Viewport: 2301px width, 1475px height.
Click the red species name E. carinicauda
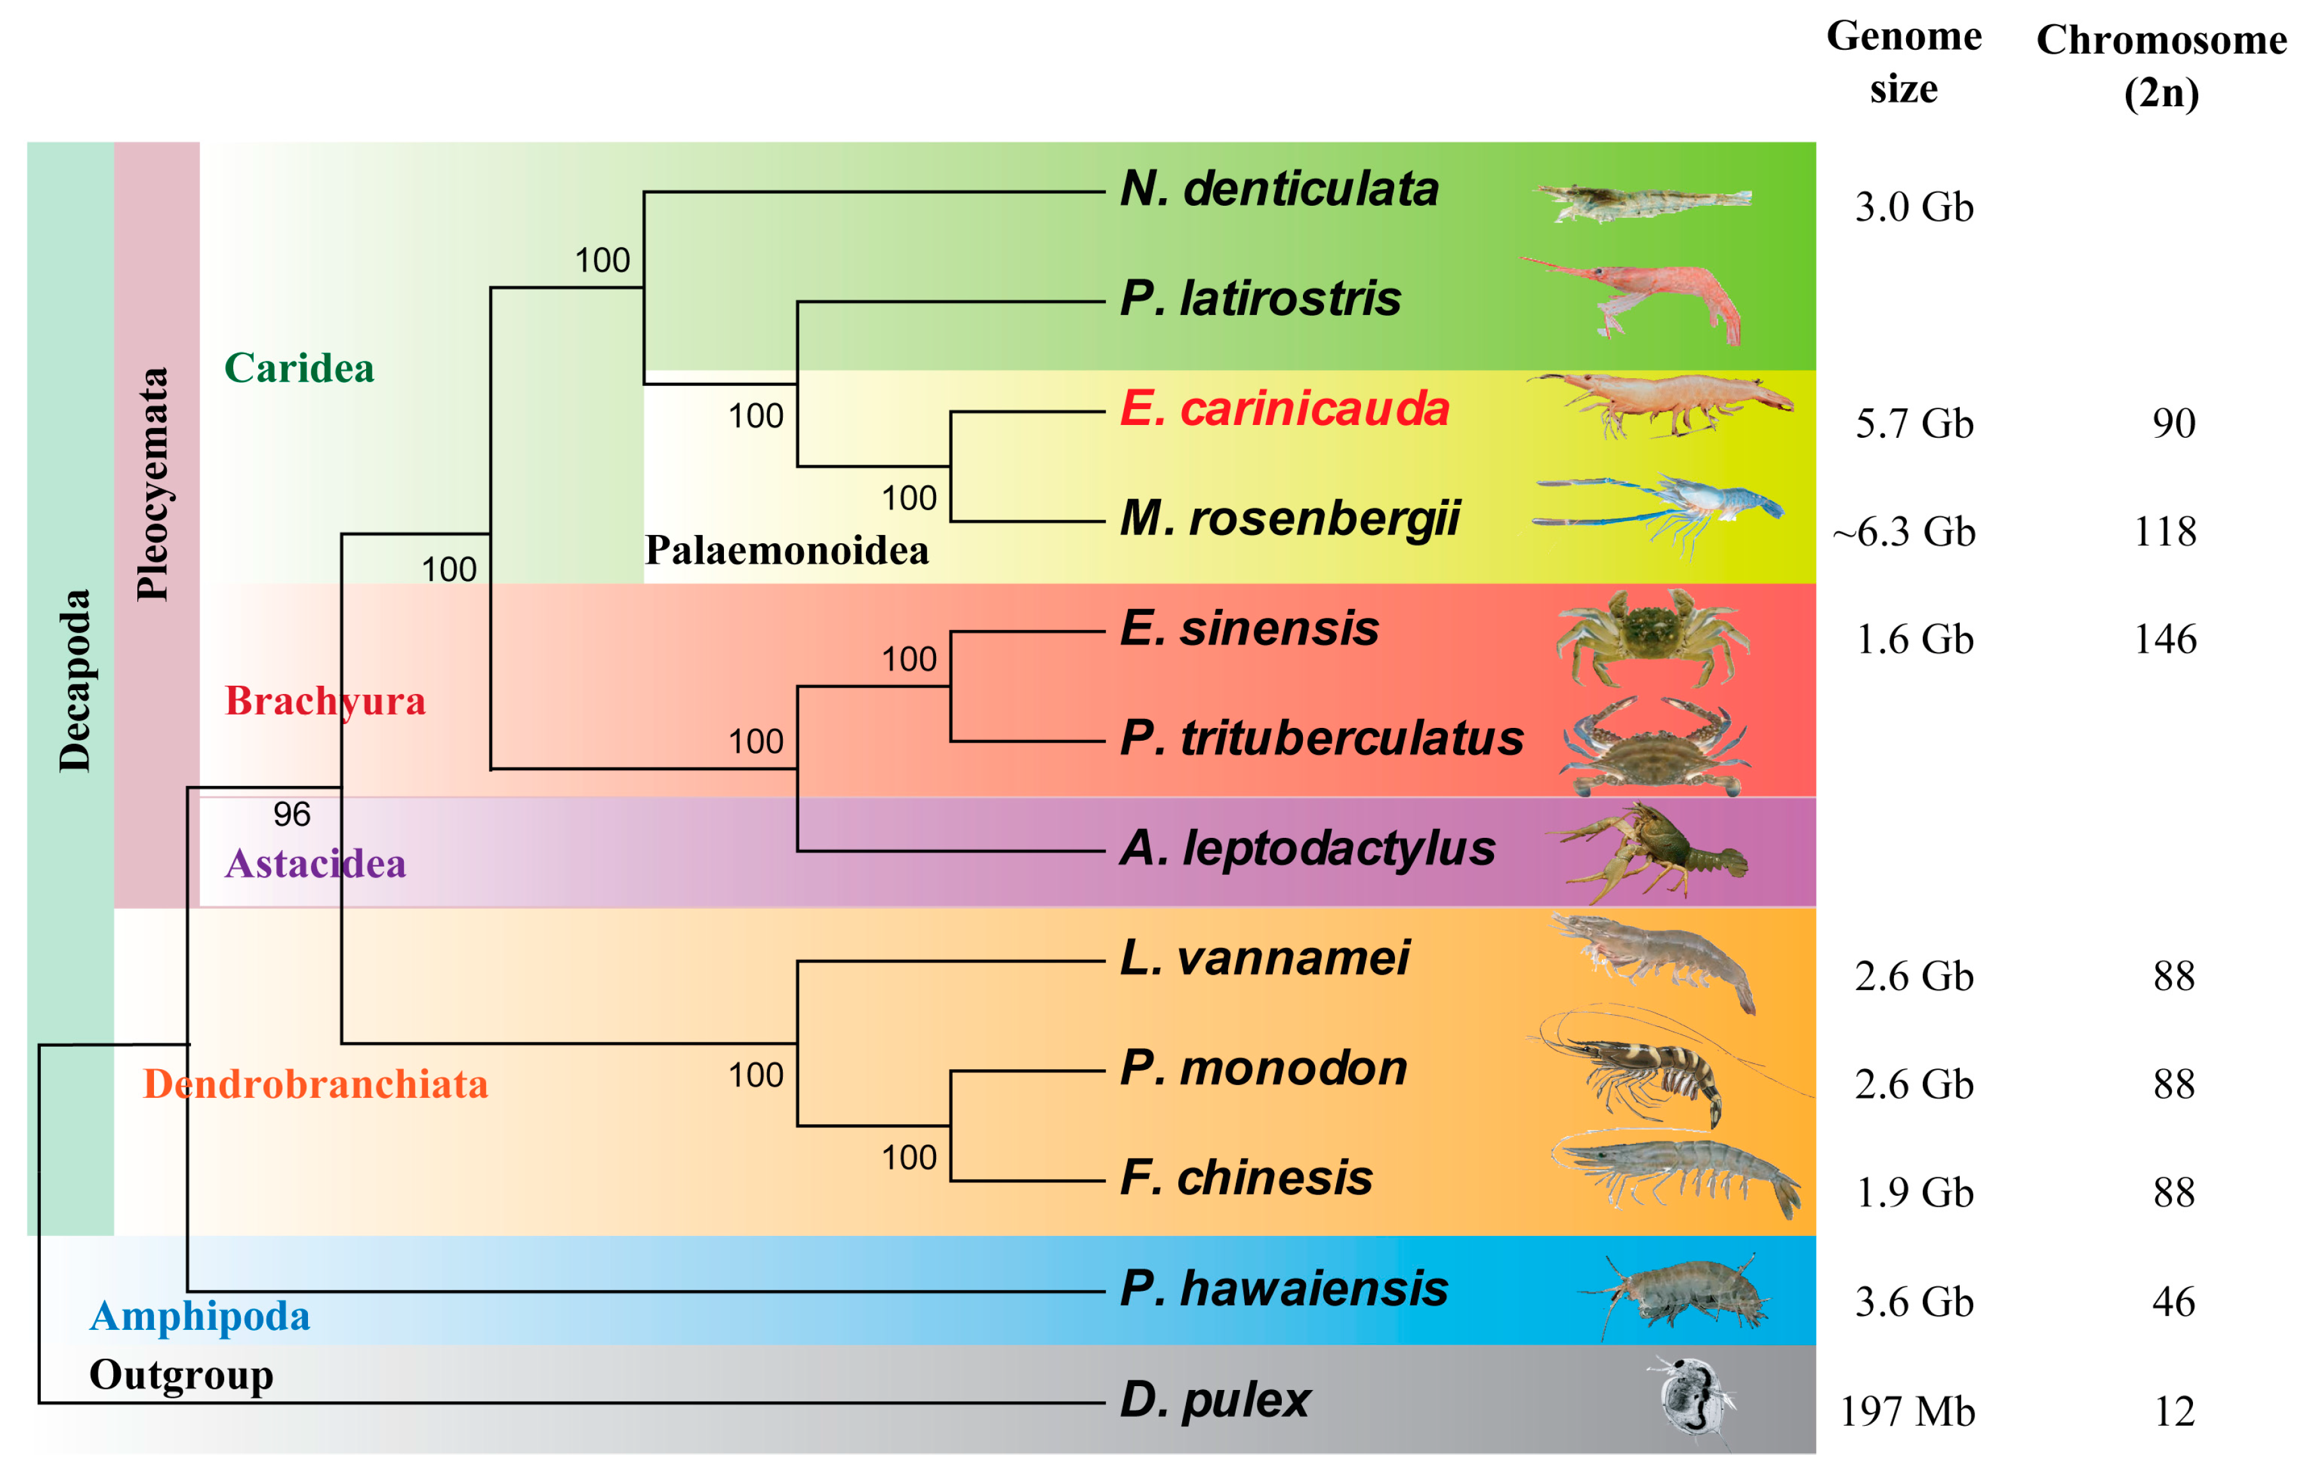pyautogui.click(x=1284, y=409)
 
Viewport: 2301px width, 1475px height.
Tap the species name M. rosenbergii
pyautogui.click(x=1289, y=519)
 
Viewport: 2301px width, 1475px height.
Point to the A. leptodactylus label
pyautogui.click(x=1307, y=849)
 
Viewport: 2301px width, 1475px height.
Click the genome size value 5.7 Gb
pyautogui.click(x=1913, y=423)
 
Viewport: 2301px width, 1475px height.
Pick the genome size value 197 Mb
pyautogui.click(x=1907, y=1412)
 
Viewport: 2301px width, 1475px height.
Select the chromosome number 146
pyautogui.click(x=2165, y=640)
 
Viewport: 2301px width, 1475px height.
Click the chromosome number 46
pyautogui.click(x=2173, y=1302)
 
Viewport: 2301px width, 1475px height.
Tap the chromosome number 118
pyautogui.click(x=2165, y=532)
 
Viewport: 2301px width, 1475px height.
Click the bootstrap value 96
pyautogui.click(x=292, y=814)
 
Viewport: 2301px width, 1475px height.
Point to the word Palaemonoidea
pyautogui.click(x=786, y=551)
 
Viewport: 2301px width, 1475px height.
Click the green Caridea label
pyautogui.click(x=299, y=369)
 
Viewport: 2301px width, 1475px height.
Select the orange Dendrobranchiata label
pyautogui.click(x=315, y=1085)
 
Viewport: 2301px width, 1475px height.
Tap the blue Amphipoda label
pyautogui.click(x=199, y=1317)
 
